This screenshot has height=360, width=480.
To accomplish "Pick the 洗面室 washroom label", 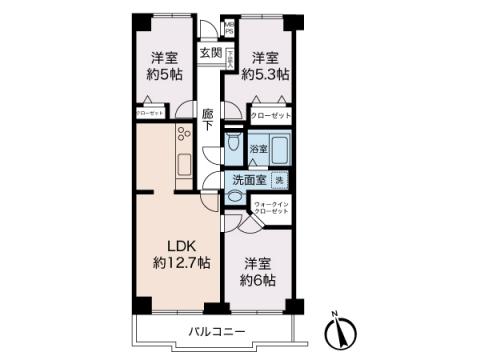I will [248, 181].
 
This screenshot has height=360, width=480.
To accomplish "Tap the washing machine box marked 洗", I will [280, 180].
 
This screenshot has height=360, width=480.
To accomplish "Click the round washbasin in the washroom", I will [233, 198].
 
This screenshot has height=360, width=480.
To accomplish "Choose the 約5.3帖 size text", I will [270, 74].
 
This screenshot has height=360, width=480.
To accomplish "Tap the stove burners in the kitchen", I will [184, 137].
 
